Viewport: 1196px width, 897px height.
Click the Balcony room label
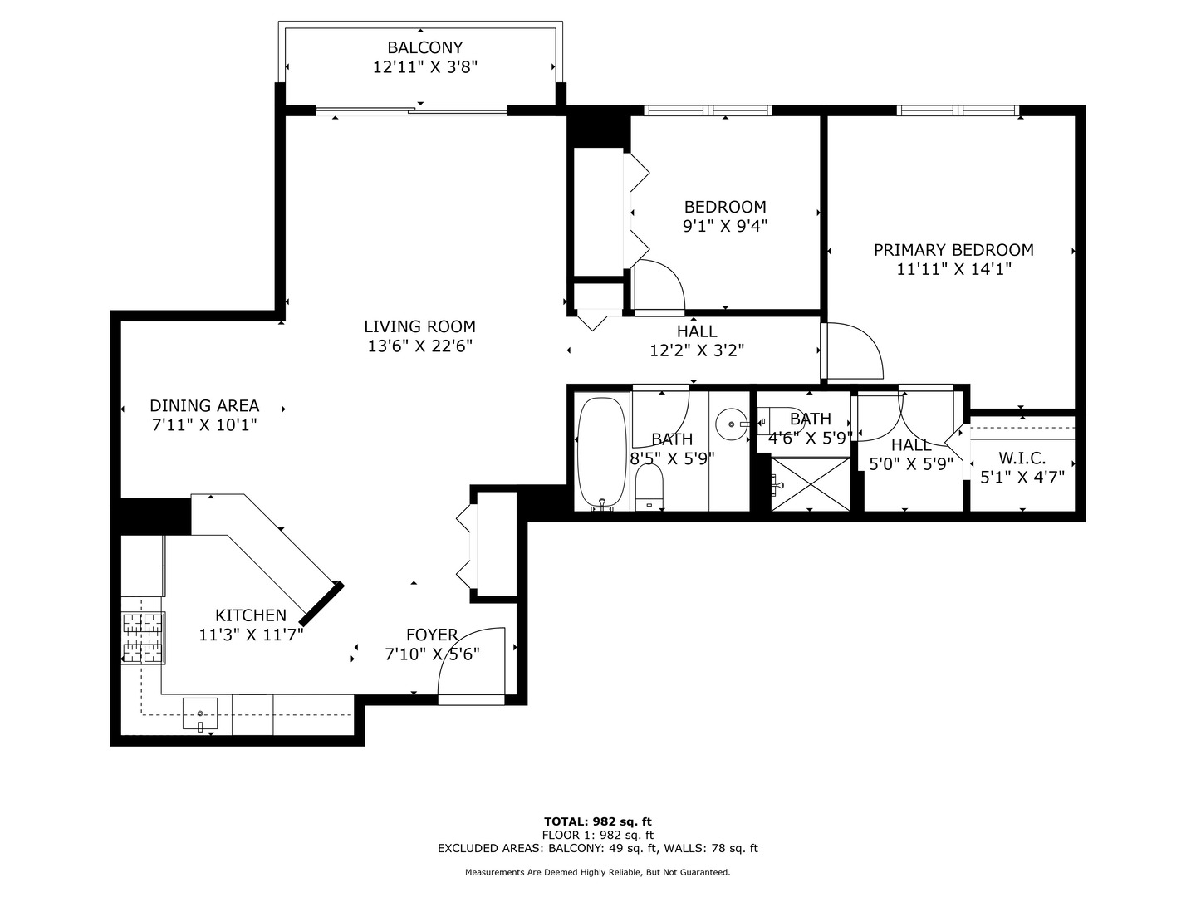click(424, 48)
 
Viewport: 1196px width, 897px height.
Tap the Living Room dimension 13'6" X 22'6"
click(419, 346)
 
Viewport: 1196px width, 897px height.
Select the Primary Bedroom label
click(953, 250)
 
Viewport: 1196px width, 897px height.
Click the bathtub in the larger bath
click(601, 453)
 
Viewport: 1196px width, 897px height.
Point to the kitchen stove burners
click(143, 637)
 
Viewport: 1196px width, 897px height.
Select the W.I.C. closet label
click(1022, 458)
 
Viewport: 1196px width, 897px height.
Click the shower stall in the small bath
click(811, 483)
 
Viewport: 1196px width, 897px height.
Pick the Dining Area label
click(204, 405)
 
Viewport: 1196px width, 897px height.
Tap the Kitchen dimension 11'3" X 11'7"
click(251, 635)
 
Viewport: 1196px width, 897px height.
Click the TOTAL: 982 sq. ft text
click(598, 821)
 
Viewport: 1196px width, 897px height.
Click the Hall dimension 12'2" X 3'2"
click(696, 350)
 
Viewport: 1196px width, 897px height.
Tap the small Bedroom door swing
click(659, 286)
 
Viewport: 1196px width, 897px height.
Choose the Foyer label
click(432, 635)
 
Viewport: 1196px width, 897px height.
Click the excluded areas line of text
click(598, 848)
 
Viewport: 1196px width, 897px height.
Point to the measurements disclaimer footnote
click(598, 872)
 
